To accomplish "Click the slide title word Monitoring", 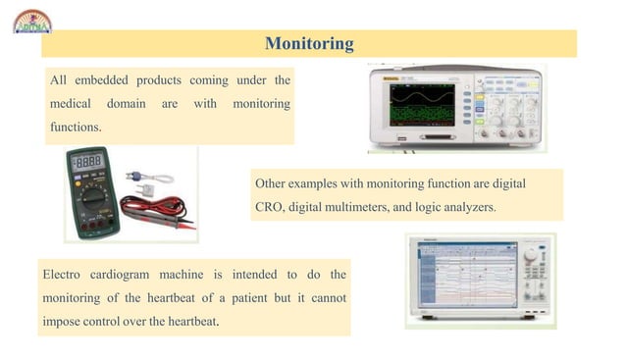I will (x=309, y=44).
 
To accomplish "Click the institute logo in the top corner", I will (x=32, y=20).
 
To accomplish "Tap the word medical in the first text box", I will (x=71, y=103).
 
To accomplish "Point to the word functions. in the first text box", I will (x=76, y=128).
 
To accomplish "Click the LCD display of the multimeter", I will (x=88, y=162).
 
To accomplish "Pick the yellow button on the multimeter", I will (x=106, y=177).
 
